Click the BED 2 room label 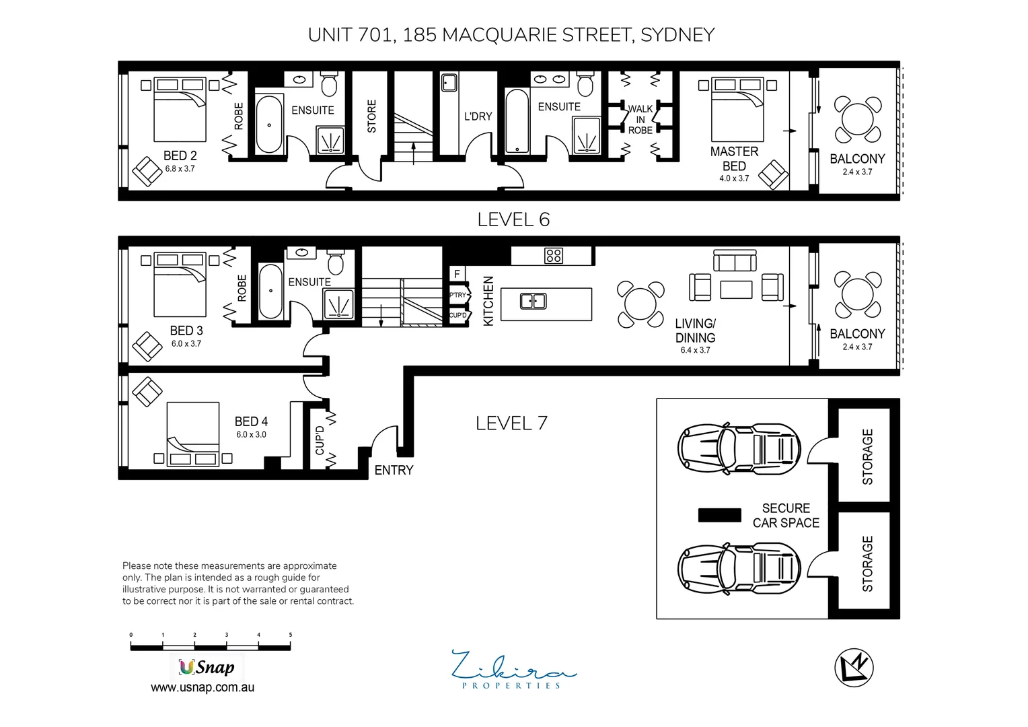(x=180, y=156)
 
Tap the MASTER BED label (x=734, y=159)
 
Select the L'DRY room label (x=478, y=116)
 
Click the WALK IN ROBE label (x=640, y=119)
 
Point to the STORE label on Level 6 (x=372, y=116)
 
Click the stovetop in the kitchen (x=554, y=255)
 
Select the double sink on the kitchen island (x=533, y=301)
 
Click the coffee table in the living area (x=736, y=289)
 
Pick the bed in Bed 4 (x=192, y=435)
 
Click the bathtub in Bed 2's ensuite (x=270, y=125)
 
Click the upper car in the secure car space (x=739, y=448)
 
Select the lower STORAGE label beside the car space (x=867, y=563)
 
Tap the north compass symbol (x=854, y=669)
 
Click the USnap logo (x=206, y=667)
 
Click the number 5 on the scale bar (x=290, y=635)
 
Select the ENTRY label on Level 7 (x=394, y=471)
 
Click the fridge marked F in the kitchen (x=457, y=274)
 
